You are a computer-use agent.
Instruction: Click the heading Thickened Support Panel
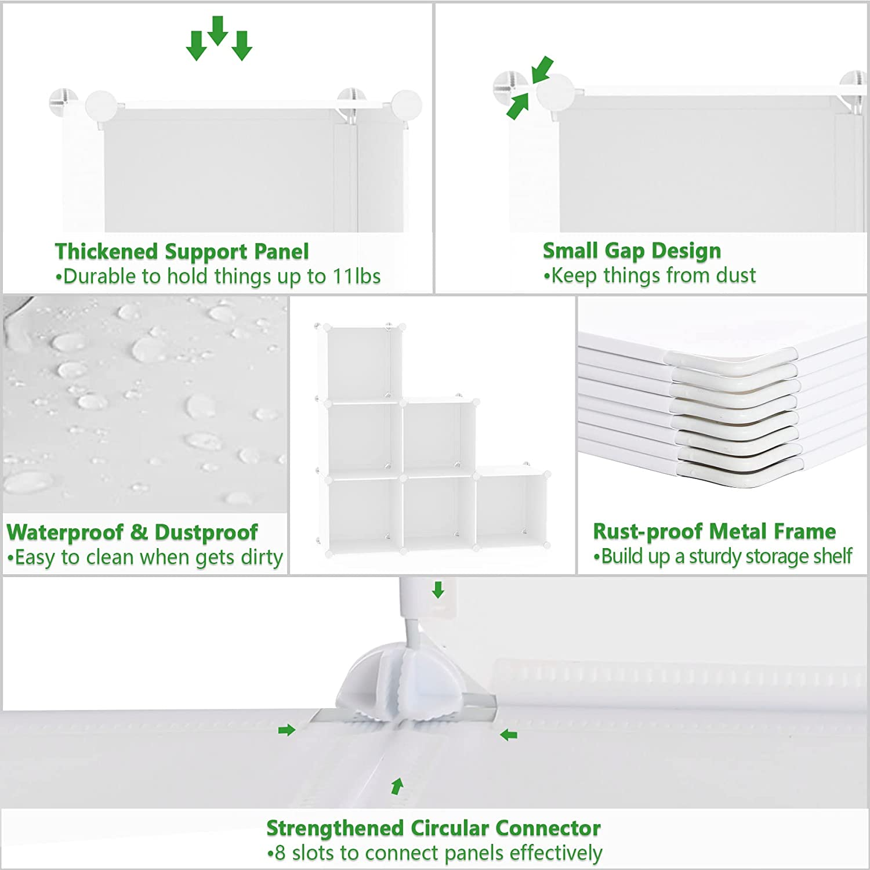182,252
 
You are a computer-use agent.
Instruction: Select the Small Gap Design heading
632,251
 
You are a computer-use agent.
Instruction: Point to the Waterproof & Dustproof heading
132,532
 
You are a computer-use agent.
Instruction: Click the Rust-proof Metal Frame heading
714,531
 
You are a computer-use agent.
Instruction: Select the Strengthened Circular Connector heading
433,828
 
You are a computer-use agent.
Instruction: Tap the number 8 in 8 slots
280,853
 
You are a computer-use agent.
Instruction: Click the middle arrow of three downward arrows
217,30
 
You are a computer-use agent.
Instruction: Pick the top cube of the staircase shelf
358,362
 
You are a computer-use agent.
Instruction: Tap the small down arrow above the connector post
438,590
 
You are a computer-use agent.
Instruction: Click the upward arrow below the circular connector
397,786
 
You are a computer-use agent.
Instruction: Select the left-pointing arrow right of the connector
509,735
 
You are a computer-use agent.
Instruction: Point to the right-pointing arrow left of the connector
287,730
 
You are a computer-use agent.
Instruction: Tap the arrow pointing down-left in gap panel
542,69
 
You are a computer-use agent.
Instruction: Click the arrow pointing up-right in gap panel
517,107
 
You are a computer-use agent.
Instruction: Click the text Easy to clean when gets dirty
145,557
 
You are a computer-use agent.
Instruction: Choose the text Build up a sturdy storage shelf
723,556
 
